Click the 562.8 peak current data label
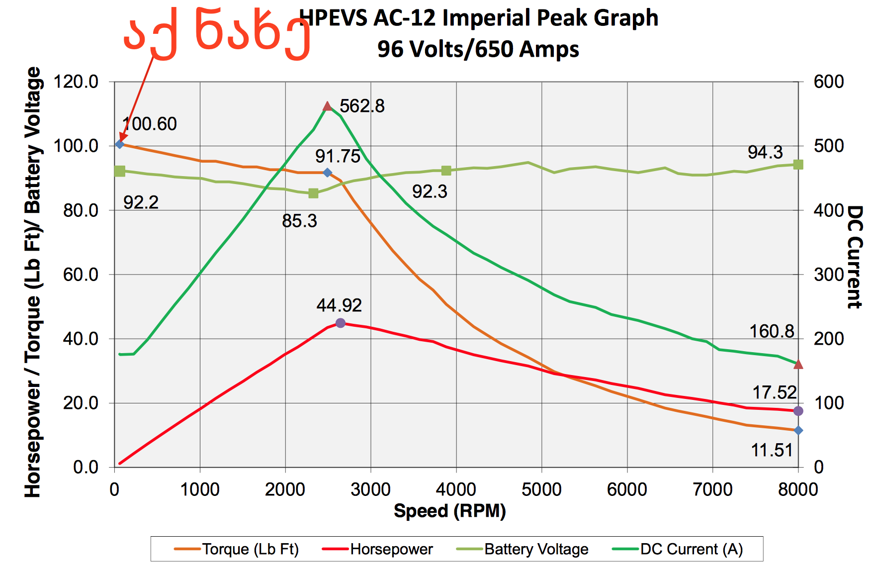pyautogui.click(x=362, y=106)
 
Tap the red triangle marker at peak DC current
pyautogui.click(x=327, y=106)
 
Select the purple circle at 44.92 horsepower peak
pyautogui.click(x=340, y=323)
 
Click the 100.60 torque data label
pyautogui.click(x=150, y=124)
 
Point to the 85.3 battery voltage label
pyautogui.click(x=299, y=221)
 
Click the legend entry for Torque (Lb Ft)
pyautogui.click(x=237, y=549)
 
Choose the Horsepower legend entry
pyautogui.click(x=378, y=549)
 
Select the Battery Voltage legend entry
pyautogui.click(x=523, y=549)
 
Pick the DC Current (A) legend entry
pyautogui.click(x=678, y=549)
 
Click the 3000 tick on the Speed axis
pyautogui.click(x=370, y=489)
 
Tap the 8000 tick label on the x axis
pyautogui.click(x=798, y=489)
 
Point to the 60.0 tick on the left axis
pyautogui.click(x=81, y=275)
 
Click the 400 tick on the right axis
pyautogui.click(x=829, y=210)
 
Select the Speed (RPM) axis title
pyautogui.click(x=449, y=511)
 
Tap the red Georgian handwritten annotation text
pyautogui.click(x=217, y=34)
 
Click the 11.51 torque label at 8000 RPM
pyautogui.click(x=772, y=450)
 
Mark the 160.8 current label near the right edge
pyautogui.click(x=772, y=331)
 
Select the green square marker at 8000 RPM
pyautogui.click(x=798, y=165)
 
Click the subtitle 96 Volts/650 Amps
pyautogui.click(x=478, y=49)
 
